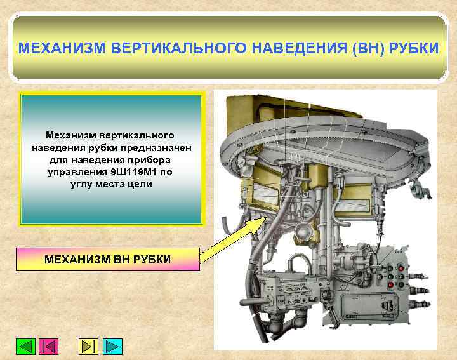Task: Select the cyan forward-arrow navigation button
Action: [x=112, y=346]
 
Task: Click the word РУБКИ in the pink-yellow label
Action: [x=149, y=260]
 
